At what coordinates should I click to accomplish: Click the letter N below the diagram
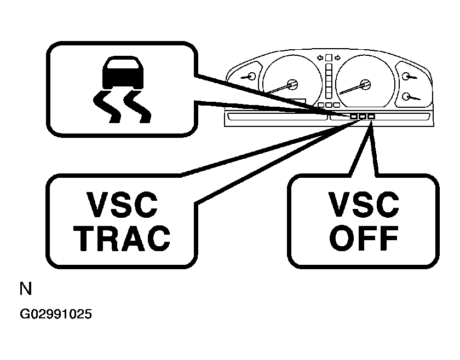[25, 289]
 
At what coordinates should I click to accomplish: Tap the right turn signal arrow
[337, 57]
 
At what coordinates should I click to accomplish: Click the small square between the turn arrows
[328, 57]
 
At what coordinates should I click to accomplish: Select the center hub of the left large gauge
[292, 84]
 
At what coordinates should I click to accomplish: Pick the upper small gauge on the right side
[407, 76]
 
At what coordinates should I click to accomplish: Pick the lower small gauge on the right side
[407, 96]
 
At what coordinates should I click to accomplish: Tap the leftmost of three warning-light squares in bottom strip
[354, 117]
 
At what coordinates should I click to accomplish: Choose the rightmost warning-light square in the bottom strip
[371, 117]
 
